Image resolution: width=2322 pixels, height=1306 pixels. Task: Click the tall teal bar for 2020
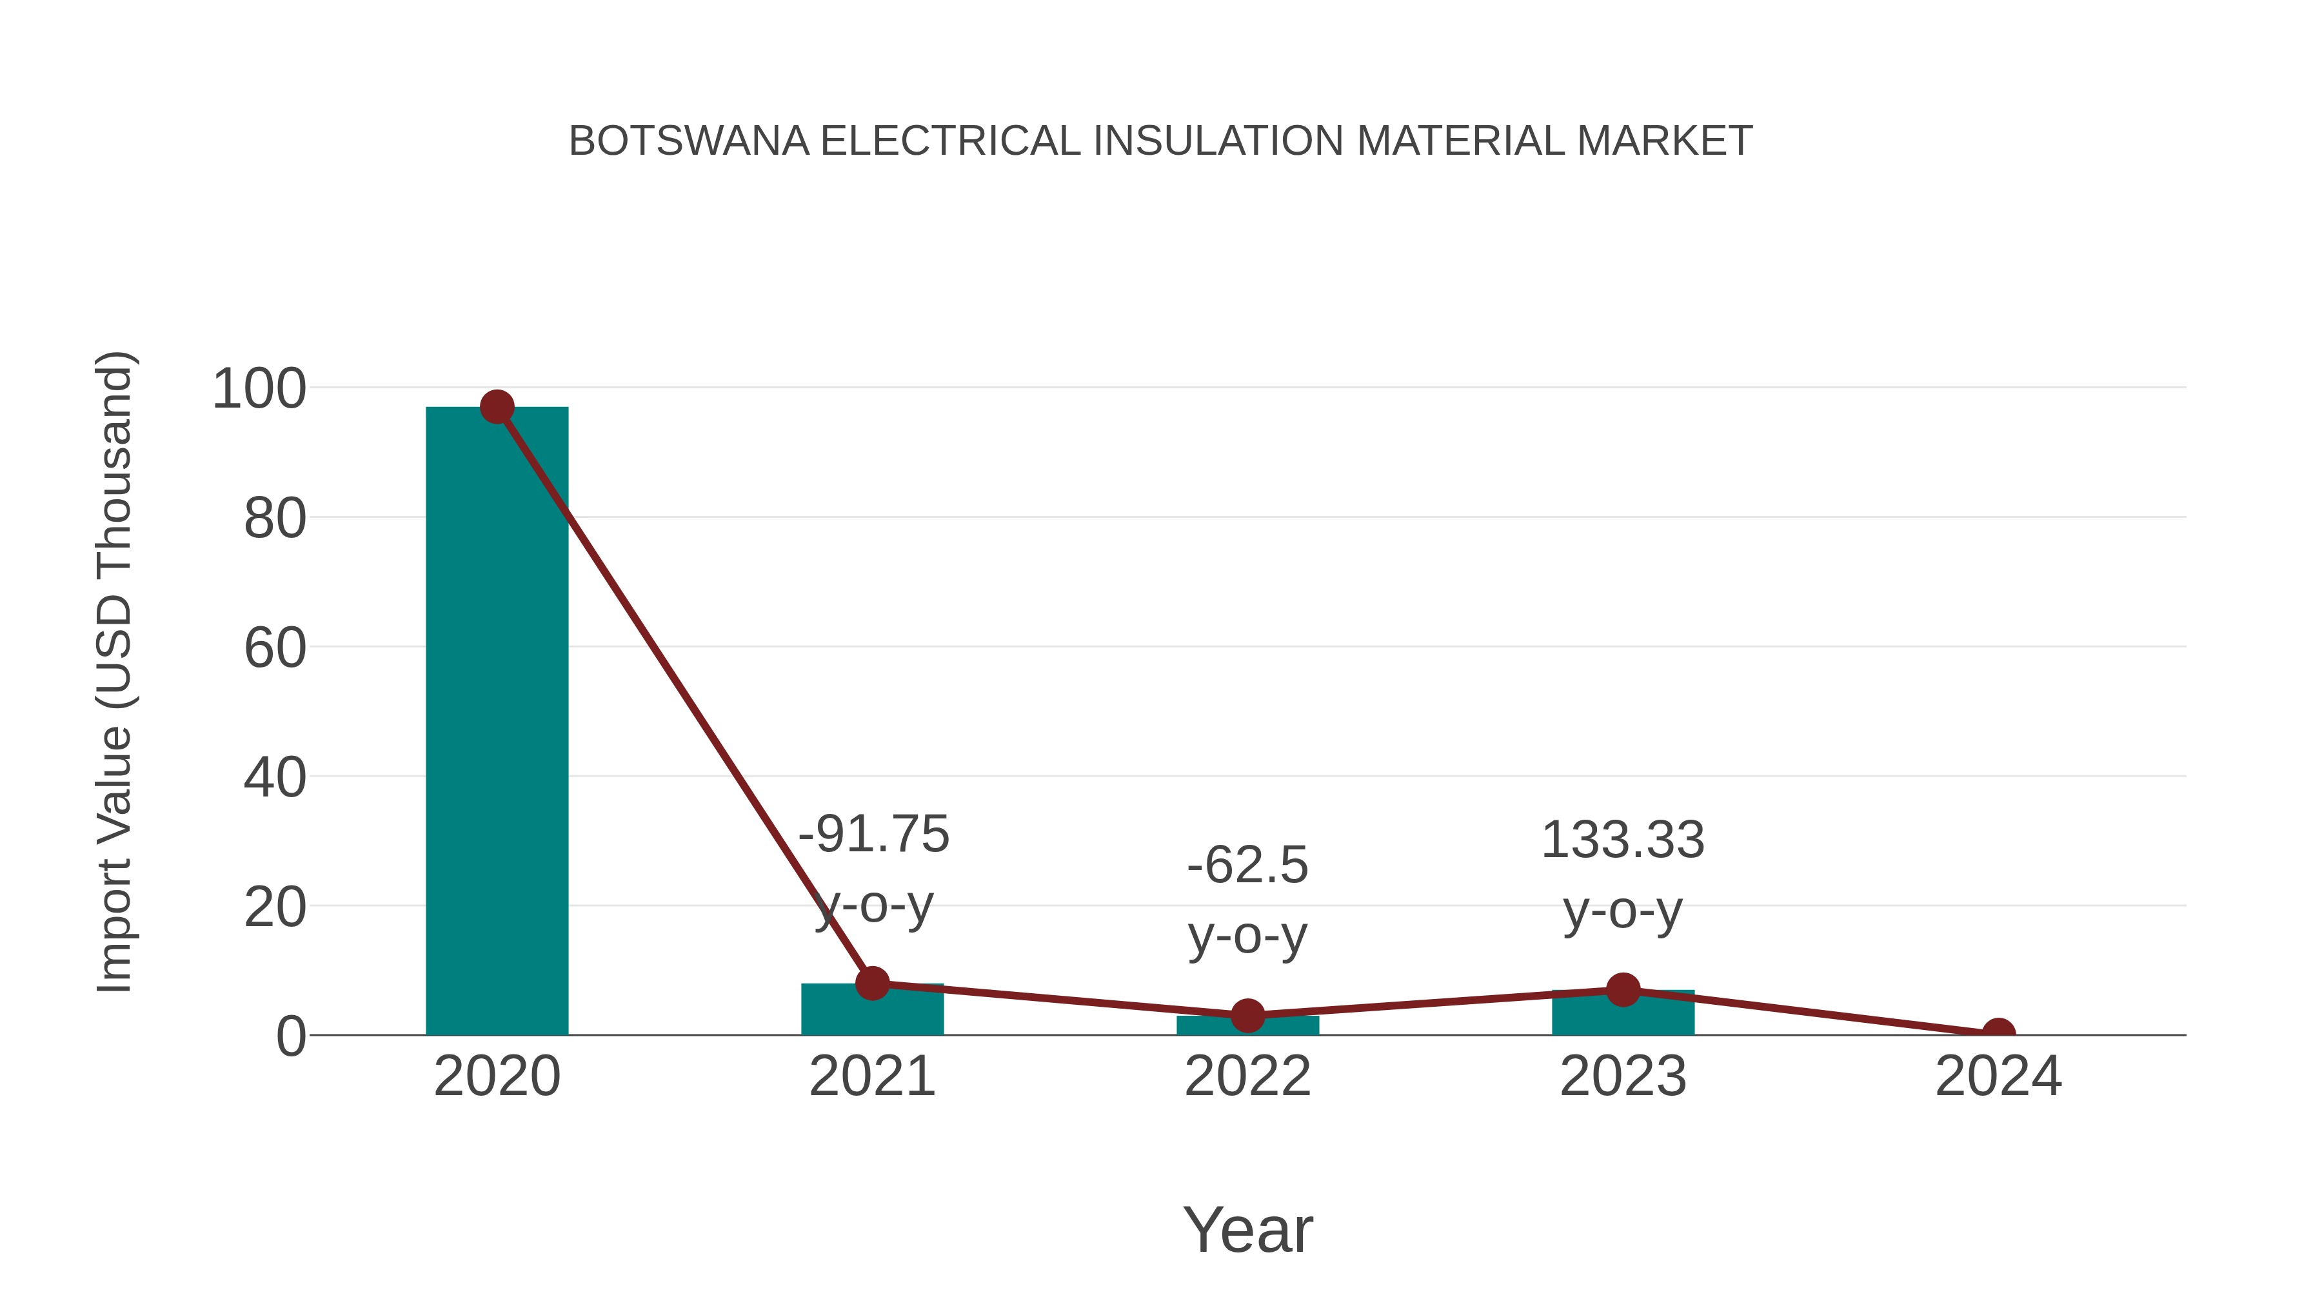point(497,721)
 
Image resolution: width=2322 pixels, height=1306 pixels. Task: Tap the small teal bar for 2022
point(1247,1025)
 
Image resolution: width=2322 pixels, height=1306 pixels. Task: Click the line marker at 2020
point(497,408)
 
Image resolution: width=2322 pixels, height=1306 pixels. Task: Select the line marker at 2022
point(1247,1016)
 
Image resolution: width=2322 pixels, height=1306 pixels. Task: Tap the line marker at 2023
point(1623,989)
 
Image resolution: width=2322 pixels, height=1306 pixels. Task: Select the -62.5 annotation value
point(1247,866)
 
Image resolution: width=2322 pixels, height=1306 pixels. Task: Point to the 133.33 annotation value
point(1623,840)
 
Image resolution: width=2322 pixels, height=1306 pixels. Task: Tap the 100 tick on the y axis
point(259,390)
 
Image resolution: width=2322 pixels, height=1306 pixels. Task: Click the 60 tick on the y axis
point(275,648)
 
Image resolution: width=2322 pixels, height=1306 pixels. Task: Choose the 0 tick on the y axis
point(291,1036)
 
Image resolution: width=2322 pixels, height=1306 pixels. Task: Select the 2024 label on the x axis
point(1998,1077)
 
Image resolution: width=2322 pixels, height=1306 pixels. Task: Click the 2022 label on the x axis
point(1247,1077)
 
